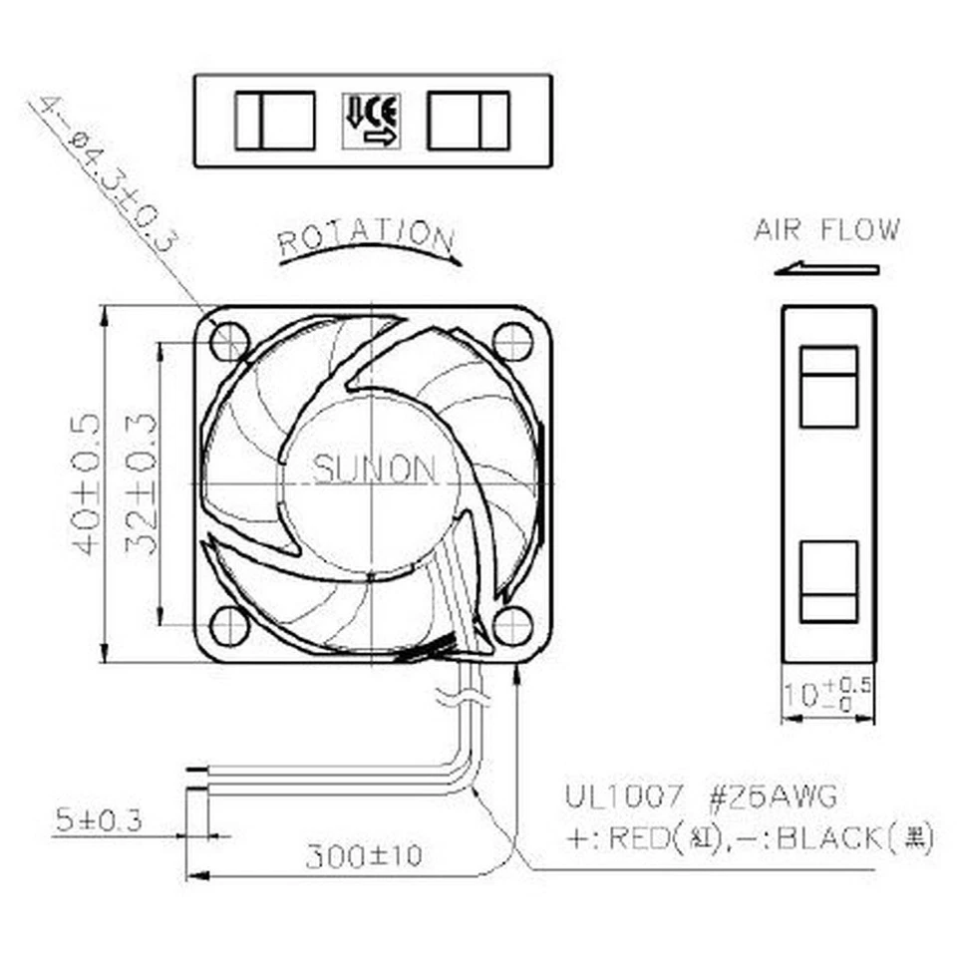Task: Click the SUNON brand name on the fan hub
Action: [x=374, y=469]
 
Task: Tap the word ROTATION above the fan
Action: [x=366, y=237]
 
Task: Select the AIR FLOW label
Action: [x=825, y=230]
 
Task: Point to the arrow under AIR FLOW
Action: [x=825, y=268]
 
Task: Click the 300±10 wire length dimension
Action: [x=363, y=855]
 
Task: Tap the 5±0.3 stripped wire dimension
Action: [x=98, y=820]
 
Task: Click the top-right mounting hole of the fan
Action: [x=512, y=342]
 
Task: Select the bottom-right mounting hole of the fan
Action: [x=512, y=625]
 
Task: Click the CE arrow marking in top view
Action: [x=371, y=121]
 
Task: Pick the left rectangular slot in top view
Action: [x=275, y=121]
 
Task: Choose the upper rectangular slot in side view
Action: [x=828, y=387]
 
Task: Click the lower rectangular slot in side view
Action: [x=828, y=581]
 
